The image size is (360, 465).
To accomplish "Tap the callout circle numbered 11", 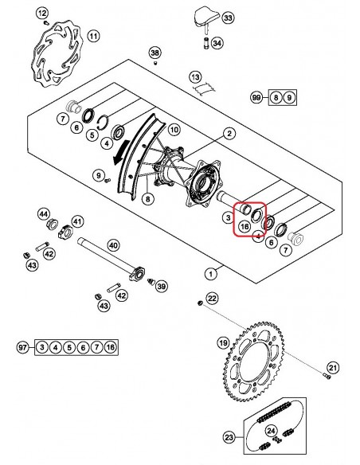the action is click(x=93, y=37).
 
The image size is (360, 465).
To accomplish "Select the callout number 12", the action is click(x=42, y=14).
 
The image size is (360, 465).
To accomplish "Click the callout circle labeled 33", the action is click(x=228, y=18).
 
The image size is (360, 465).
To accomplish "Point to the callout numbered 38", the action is click(x=155, y=53).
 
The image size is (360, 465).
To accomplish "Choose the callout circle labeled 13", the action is click(x=195, y=78).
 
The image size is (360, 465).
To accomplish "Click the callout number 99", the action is click(x=256, y=97).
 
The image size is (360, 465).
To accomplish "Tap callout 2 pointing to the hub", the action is click(x=229, y=134).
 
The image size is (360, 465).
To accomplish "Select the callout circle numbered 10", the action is click(x=174, y=130).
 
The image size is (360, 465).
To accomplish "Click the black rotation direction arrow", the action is click(x=121, y=152).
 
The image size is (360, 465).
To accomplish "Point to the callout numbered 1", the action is click(x=211, y=273).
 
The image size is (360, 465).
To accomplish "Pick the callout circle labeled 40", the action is click(x=113, y=245).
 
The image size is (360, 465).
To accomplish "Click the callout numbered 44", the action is click(x=44, y=214).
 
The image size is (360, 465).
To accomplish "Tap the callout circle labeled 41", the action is click(x=77, y=221).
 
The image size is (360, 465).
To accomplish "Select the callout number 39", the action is click(x=162, y=287).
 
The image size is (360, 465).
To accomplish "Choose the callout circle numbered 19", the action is click(x=223, y=343).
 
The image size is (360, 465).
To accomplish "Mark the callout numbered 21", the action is click(x=333, y=368).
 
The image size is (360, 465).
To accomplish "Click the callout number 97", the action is click(x=22, y=347).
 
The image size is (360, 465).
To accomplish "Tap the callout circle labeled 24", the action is click(x=271, y=431).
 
